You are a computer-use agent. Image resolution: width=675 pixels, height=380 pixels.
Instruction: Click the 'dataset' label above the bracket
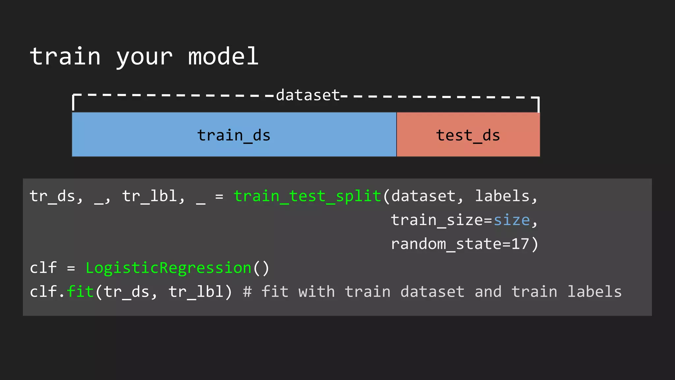pyautogui.click(x=308, y=95)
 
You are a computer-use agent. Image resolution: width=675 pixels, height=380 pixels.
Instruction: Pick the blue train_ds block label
pyautogui.click(x=234, y=135)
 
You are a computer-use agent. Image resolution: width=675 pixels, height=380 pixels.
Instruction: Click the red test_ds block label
pyautogui.click(x=468, y=135)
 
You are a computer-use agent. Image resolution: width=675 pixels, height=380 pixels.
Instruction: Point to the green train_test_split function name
pyautogui.click(x=307, y=196)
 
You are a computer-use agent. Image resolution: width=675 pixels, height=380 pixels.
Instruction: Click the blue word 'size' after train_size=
pyautogui.click(x=512, y=220)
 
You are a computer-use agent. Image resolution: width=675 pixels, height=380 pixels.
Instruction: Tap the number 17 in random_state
pyautogui.click(x=520, y=244)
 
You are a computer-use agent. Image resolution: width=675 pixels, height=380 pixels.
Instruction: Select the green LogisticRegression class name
pyautogui.click(x=168, y=268)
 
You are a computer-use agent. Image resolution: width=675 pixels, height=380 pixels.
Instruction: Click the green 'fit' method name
pyautogui.click(x=80, y=292)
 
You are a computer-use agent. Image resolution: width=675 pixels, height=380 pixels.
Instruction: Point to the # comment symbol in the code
pyautogui.click(x=247, y=292)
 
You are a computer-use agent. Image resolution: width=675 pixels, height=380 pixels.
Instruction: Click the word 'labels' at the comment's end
pyautogui.click(x=594, y=292)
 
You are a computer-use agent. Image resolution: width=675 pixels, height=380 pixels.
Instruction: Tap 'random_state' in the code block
pyautogui.click(x=446, y=244)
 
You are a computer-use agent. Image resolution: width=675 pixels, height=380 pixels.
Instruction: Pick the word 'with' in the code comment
pyautogui.click(x=316, y=292)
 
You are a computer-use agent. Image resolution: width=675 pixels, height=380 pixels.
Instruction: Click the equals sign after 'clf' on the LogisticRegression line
pyautogui.click(x=71, y=268)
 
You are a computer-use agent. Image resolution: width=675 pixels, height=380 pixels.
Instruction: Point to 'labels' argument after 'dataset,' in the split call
pyautogui.click(x=502, y=196)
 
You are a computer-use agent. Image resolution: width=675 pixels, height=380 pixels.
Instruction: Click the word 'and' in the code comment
pyautogui.click(x=488, y=292)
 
